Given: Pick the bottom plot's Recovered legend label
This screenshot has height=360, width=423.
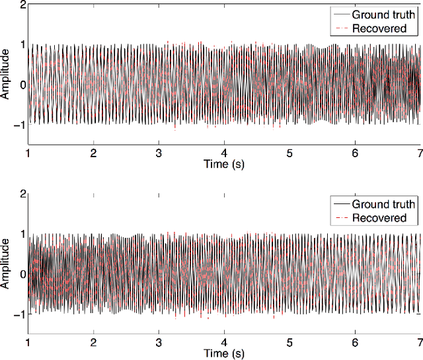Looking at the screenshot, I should click(x=379, y=217).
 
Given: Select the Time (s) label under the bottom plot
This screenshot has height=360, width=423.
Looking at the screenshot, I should click(x=224, y=353).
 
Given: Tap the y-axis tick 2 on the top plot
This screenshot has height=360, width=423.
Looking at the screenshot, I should click(x=22, y=5).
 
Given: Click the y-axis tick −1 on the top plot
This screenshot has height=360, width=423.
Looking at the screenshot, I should click(x=20, y=124).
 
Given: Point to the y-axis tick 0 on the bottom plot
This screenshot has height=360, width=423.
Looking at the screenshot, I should click(x=22, y=274).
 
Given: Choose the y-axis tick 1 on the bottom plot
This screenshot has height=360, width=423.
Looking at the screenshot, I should click(x=22, y=234).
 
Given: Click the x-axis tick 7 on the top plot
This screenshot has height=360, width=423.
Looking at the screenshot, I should click(x=420, y=153).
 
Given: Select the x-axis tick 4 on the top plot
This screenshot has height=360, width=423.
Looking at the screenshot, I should click(x=224, y=153).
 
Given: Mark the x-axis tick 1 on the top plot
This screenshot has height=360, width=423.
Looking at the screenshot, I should click(x=28, y=153).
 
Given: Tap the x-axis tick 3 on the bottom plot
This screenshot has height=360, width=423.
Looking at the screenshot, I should click(x=159, y=343).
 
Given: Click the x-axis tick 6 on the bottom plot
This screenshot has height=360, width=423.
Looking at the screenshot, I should click(x=355, y=343).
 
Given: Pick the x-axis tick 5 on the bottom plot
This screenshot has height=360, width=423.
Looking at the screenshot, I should click(x=289, y=343).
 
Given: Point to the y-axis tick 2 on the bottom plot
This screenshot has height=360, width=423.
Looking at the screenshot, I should click(x=22, y=194).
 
